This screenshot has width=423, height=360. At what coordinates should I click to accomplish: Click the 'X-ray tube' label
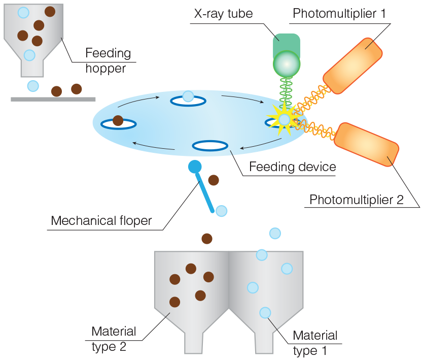pos(223,13)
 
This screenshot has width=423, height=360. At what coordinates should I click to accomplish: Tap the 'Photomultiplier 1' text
pos(339,13)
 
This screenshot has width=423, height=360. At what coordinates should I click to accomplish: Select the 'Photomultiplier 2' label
pos(356,200)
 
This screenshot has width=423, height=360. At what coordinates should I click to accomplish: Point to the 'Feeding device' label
pos(293,167)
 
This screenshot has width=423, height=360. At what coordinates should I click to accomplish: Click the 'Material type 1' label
pos(314,343)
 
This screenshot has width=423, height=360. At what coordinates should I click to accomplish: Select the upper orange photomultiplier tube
pos(353,65)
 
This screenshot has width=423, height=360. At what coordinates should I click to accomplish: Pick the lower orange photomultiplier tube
pos(366,144)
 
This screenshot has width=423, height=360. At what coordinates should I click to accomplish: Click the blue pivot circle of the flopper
pos(195,166)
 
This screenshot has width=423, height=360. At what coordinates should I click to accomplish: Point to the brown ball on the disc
pos(118,121)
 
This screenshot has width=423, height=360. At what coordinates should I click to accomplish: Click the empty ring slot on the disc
pos(210,146)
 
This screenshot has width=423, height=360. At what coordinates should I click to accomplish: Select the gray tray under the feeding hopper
pos(53,99)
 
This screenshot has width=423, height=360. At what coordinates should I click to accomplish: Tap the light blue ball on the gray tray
pos(33,86)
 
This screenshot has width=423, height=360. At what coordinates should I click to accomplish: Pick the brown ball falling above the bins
pos(207,238)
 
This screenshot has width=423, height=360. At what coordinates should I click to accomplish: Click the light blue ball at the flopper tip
pos(222,211)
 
